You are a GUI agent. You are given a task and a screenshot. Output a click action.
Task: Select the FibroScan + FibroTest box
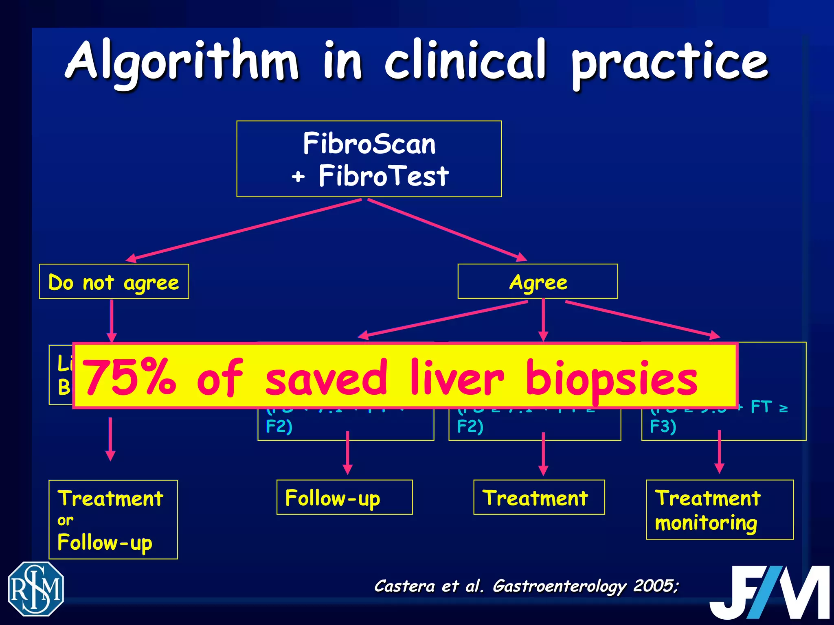point(369,159)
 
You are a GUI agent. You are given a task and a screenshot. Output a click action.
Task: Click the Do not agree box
point(114,282)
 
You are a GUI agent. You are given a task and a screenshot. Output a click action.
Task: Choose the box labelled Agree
point(538,282)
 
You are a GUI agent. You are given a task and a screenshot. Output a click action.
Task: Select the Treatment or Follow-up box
point(113,520)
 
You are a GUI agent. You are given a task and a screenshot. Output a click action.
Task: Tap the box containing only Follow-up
point(345,498)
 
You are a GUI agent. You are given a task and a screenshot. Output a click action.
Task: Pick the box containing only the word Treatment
point(539,498)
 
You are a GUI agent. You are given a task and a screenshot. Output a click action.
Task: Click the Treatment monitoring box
point(720,510)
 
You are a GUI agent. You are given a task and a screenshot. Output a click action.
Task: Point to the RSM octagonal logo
point(36,589)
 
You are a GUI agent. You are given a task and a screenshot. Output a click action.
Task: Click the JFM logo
point(769,592)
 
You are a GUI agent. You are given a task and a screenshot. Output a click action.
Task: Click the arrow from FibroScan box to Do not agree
point(244,229)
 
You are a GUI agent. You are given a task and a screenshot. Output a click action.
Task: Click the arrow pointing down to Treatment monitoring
point(720,452)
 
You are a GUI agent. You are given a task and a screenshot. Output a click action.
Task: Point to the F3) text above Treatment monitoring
point(663,426)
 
